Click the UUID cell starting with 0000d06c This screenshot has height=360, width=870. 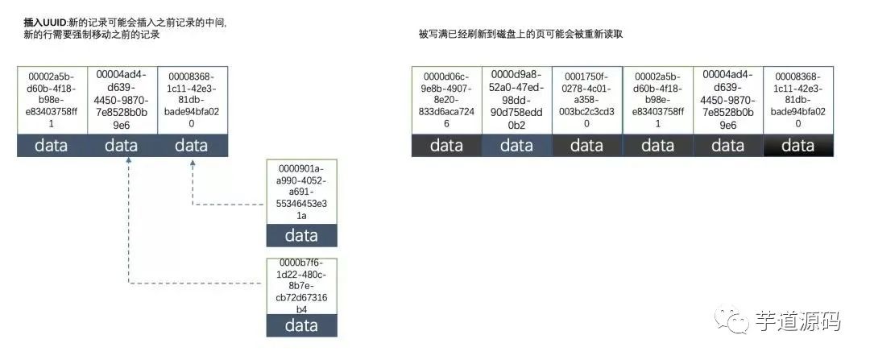tap(446, 101)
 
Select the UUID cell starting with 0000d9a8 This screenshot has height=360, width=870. tap(516, 101)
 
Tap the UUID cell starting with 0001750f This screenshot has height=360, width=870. tap(586, 101)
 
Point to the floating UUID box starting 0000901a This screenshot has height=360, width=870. tap(301, 192)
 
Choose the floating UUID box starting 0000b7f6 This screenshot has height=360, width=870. tap(301, 286)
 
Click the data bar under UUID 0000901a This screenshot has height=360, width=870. tap(301, 235)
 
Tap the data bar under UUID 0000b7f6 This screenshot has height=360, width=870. tap(301, 326)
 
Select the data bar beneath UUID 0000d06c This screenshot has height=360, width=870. tap(446, 146)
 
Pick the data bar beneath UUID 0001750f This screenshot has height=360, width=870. tap(586, 146)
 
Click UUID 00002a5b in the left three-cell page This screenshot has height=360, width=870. tap(52, 101)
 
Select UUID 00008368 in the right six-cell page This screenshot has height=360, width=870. tap(798, 101)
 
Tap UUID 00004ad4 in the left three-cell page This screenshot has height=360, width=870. tap(121, 101)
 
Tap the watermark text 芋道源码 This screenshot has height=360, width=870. tap(798, 321)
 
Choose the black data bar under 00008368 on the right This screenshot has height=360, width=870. tap(798, 146)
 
